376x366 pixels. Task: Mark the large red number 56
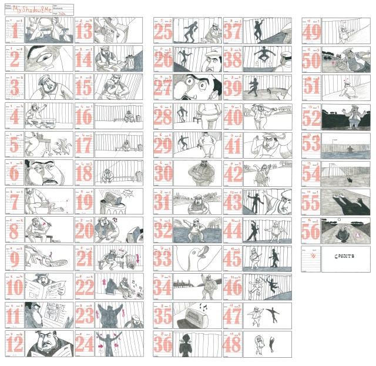pos(311,231)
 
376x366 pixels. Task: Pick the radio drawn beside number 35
pos(196,318)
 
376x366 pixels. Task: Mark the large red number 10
pos(15,288)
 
